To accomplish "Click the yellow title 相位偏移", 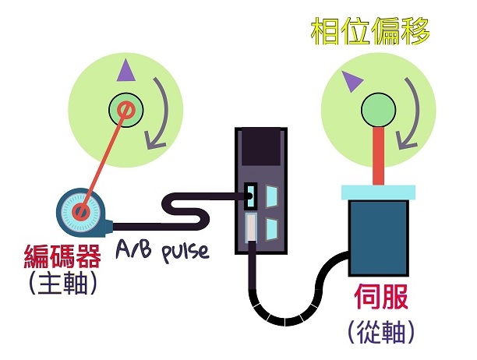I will [370, 32].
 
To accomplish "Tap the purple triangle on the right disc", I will [350, 79].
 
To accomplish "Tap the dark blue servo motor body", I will [377, 238].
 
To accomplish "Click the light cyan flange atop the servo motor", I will [377, 192].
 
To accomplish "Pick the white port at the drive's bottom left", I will [249, 230].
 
